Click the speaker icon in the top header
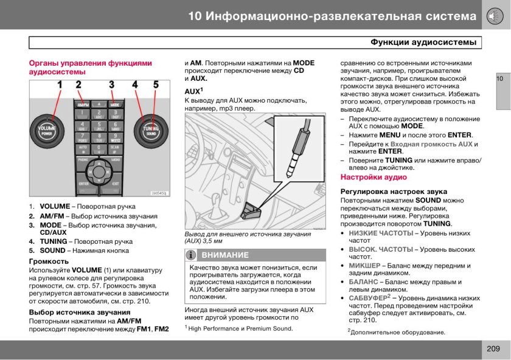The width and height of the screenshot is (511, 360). click(494, 16)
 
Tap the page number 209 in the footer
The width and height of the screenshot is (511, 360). click(493, 348)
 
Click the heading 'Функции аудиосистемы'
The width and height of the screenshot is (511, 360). click(423, 43)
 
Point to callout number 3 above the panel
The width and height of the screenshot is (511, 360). click(111, 85)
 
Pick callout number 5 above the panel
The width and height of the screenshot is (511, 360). click(156, 85)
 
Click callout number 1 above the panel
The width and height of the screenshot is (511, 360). click(60, 85)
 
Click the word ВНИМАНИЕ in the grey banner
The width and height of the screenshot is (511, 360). click(225, 255)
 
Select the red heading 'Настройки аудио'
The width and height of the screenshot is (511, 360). click(374, 178)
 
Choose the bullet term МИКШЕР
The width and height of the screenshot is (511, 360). click(364, 266)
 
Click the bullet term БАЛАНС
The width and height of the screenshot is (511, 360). click(363, 282)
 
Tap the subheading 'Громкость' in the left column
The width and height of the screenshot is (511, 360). click(49, 261)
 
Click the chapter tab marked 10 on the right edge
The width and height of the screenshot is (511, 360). click(502, 79)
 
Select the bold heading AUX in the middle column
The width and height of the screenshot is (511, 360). click(192, 91)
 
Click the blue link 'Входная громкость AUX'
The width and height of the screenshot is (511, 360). click(431, 144)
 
